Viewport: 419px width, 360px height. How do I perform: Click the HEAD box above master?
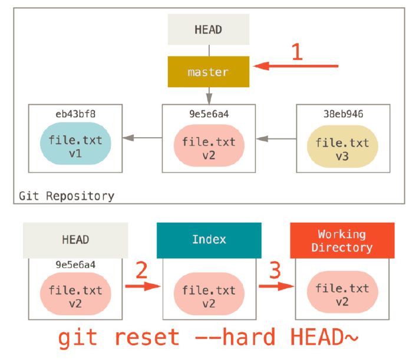coord(209,29)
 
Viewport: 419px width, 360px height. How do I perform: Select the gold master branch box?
coord(209,72)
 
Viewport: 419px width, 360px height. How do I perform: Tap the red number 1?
coord(297,52)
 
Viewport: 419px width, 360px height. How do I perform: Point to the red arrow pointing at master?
coord(296,66)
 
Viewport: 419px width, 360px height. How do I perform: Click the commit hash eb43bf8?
coord(75,114)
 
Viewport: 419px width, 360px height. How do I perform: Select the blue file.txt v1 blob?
coord(75,144)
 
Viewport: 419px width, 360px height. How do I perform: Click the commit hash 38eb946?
coord(343,114)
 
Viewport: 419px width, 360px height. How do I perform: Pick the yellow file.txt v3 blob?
coord(342,147)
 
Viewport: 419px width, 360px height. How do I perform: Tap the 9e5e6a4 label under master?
coord(209,114)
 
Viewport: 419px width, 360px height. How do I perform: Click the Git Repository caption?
coord(67,196)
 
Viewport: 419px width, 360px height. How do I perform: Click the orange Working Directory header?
coord(342,240)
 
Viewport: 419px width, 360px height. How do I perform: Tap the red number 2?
coord(141,270)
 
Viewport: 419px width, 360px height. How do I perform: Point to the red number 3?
coord(275,270)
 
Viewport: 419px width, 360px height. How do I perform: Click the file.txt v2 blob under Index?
coord(209,293)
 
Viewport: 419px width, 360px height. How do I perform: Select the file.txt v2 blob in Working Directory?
coord(342,292)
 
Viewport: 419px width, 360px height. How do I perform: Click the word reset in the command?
coord(147,337)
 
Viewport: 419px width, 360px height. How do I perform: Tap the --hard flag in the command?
coord(235,337)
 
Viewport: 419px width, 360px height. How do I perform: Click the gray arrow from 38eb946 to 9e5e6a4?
coord(276,138)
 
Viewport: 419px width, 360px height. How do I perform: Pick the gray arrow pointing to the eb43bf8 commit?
coord(142,138)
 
